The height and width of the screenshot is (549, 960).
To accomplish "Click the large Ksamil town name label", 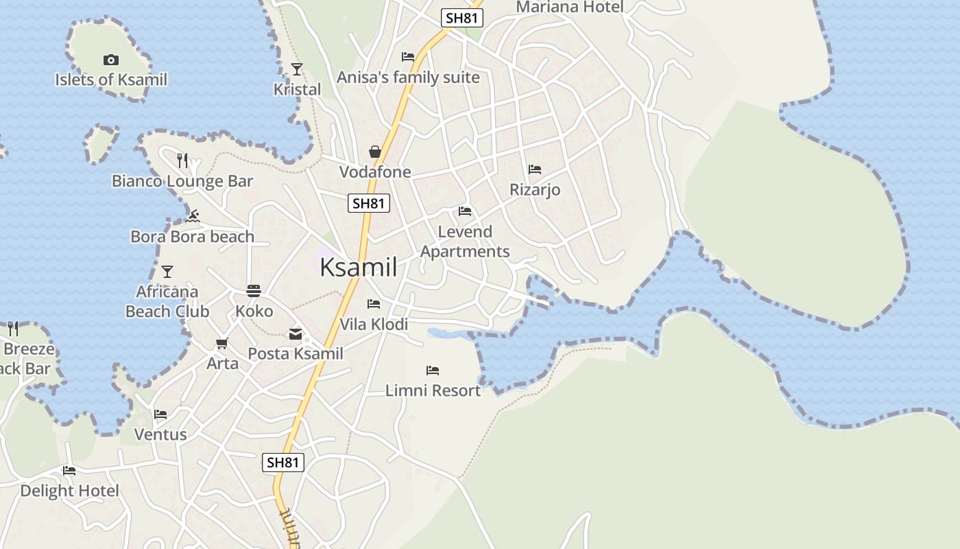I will (359, 267).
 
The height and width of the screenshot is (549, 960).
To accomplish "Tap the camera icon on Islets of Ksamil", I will (111, 60).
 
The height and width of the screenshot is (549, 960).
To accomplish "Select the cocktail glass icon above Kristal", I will (297, 69).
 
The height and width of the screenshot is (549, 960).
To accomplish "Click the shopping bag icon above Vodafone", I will (375, 151).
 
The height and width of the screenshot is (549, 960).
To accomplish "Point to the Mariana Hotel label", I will (570, 8).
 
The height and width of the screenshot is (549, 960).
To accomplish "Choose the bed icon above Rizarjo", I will (535, 169).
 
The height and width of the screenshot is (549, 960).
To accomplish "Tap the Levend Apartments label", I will (465, 242).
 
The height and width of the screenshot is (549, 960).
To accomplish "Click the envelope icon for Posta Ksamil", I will (296, 334).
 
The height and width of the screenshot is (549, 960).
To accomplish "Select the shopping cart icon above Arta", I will (221, 343).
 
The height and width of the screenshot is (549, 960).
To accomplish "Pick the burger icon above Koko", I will (254, 291).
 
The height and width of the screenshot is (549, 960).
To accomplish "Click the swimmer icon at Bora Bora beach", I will (193, 216).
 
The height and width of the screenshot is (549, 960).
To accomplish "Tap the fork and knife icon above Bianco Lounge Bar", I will (182, 160).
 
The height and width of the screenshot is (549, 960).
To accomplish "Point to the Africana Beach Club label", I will (167, 301).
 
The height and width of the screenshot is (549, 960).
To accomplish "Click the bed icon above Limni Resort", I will (433, 371).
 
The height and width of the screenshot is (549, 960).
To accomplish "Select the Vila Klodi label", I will (374, 324).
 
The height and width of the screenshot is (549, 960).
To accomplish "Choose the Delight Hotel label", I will (69, 491).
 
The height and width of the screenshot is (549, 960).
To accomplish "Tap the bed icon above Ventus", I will (160, 414).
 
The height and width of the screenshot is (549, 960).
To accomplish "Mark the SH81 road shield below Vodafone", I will (369, 203).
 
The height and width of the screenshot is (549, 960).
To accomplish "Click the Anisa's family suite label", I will (408, 78).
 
